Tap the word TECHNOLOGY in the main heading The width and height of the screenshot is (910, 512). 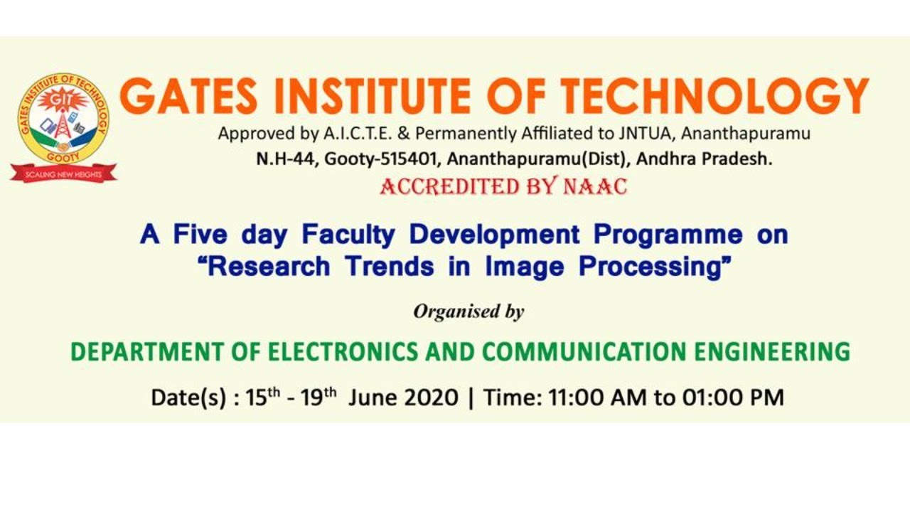click(x=714, y=95)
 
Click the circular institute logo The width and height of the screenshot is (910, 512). click(x=63, y=118)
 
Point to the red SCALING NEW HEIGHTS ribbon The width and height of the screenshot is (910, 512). click(x=63, y=174)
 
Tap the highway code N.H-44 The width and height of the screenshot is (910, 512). click(x=287, y=159)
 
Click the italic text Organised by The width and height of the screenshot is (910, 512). click(x=469, y=311)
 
